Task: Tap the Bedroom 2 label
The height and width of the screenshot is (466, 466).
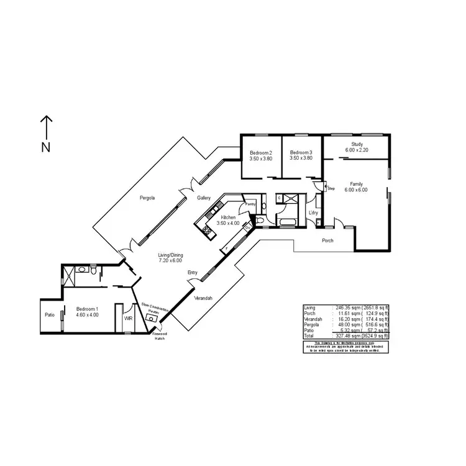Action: pos(260,153)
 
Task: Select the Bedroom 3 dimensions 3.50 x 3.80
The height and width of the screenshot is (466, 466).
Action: pos(301,158)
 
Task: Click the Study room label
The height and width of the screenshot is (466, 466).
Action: pos(357,144)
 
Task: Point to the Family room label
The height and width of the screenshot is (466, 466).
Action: pos(356,184)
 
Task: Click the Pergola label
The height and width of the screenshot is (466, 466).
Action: pos(147,198)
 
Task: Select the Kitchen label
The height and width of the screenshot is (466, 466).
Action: pos(228,217)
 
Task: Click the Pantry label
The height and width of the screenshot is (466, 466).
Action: pos(250,204)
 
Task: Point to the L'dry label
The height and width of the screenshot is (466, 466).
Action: pos(314,213)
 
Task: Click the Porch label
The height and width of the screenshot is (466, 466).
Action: pos(327,240)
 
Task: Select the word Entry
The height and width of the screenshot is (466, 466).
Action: pos(193,272)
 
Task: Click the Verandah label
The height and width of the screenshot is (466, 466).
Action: pos(203,299)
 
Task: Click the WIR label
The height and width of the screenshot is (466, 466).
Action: pos(128,318)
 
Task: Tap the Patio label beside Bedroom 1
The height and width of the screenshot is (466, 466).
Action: pos(49,315)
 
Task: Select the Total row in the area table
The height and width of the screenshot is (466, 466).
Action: pos(346,336)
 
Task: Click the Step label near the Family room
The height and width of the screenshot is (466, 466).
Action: pos(331,188)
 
